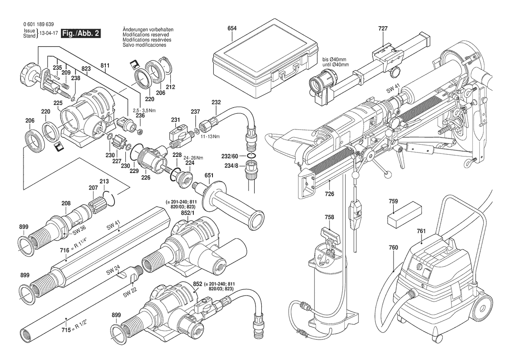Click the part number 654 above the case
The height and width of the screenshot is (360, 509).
click(232, 28)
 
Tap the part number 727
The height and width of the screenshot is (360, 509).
click(383, 28)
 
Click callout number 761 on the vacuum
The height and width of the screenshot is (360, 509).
click(421, 231)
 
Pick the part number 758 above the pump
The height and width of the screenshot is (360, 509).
click(329, 217)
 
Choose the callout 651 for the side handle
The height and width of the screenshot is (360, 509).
click(209, 176)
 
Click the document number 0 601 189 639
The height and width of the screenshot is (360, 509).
click(39, 25)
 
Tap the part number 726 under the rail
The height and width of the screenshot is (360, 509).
click(329, 194)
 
